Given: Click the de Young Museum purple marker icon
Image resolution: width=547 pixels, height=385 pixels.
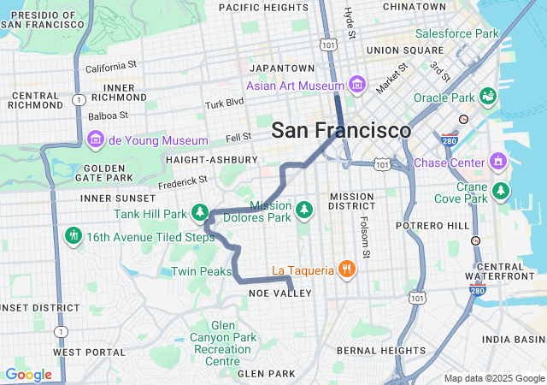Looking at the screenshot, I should [96, 139].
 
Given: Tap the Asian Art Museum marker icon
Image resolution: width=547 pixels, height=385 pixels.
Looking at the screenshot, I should [357, 86].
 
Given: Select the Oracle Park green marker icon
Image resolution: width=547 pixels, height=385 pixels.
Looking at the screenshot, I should [489, 97].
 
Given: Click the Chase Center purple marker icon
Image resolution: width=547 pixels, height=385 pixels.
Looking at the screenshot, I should [498, 162].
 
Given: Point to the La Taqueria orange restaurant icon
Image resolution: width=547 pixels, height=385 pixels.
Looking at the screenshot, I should [346, 270].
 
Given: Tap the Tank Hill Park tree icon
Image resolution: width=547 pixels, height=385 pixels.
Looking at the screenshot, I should [200, 212].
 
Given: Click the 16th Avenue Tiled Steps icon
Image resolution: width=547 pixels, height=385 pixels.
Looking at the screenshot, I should [74, 235].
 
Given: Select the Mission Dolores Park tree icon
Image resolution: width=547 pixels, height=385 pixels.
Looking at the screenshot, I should [303, 210].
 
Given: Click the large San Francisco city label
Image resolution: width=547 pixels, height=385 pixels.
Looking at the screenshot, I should [341, 131].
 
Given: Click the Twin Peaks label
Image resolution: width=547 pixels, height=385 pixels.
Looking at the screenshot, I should [201, 271].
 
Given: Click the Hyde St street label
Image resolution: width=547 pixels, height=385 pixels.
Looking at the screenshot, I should [349, 23].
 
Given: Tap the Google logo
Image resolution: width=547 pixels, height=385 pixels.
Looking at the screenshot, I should [28, 375].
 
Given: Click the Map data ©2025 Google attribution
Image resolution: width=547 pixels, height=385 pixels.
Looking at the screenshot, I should [493, 378].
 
